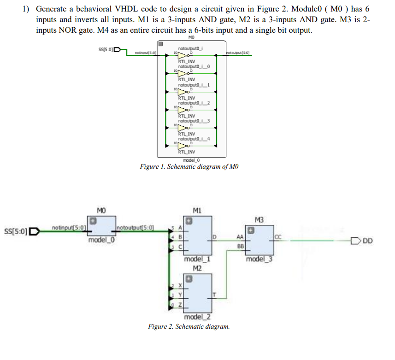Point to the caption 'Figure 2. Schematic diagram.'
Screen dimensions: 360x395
pyautogui.click(x=189, y=326)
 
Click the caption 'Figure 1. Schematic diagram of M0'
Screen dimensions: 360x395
pyautogui.click(x=189, y=166)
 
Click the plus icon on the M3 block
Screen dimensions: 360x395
pyautogui.click(x=252, y=230)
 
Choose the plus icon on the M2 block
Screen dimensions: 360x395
pyautogui.click(x=188, y=278)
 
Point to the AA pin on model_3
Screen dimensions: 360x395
pyautogui.click(x=240, y=237)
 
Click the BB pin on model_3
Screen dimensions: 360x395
pyautogui.click(x=240, y=246)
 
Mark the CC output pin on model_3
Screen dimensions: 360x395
pyautogui.click(x=277, y=237)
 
